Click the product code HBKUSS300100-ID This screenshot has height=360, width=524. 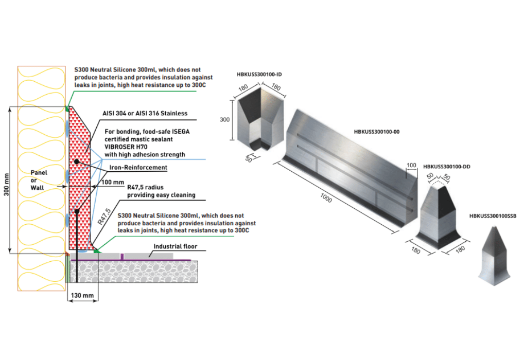tap(259, 75)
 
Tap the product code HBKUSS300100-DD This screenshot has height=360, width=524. tap(446, 167)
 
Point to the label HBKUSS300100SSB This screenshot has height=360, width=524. tap(493, 216)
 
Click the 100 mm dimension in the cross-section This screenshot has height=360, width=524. tap(113, 182)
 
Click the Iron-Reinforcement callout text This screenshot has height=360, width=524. tap(137, 168)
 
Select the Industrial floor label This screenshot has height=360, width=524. tap(175, 247)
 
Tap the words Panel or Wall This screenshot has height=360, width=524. tap(39, 181)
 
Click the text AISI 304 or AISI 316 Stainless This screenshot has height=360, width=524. tap(145, 113)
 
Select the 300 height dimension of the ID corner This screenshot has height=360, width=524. tap(225, 119)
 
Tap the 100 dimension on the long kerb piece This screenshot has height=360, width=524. tap(411, 166)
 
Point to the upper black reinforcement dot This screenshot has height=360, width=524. tap(76, 161)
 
